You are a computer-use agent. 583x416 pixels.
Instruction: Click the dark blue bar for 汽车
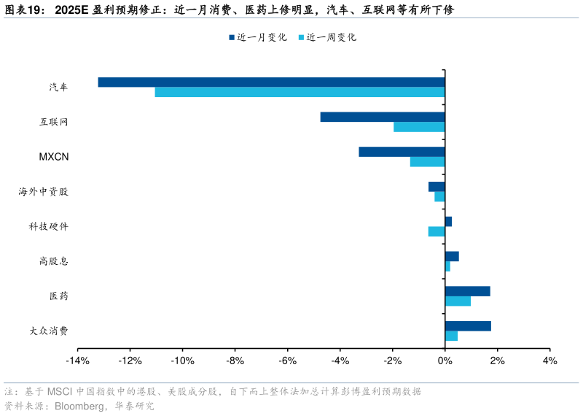click(271, 82)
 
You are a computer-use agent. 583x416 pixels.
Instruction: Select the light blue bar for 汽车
click(300, 92)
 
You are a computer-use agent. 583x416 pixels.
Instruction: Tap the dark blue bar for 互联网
click(383, 117)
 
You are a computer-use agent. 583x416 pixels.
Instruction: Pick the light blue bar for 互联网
click(419, 127)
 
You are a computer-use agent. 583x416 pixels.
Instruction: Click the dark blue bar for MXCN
click(402, 152)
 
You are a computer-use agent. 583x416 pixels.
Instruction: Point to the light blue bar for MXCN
click(427, 162)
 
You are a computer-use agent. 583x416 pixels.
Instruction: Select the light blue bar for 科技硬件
click(437, 231)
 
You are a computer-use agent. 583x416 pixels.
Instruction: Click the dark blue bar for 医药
click(467, 291)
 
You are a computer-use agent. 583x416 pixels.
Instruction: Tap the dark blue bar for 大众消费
click(468, 326)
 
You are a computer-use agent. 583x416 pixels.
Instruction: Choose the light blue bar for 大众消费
click(451, 336)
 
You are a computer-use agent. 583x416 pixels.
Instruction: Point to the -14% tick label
click(77, 361)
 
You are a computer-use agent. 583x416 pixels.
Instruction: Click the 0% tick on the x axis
click(445, 361)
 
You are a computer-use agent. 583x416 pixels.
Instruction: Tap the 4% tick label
click(549, 361)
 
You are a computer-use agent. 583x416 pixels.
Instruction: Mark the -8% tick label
click(235, 361)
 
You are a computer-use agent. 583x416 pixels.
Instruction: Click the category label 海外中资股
click(44, 192)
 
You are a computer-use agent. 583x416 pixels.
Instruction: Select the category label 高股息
click(54, 261)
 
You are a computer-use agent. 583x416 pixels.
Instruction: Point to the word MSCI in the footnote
click(60, 392)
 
